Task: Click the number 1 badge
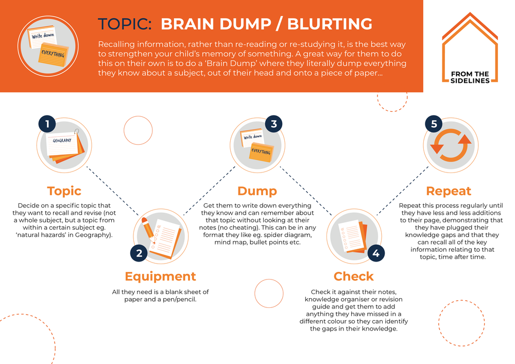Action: tap(47, 124)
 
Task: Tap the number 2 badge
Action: tap(139, 253)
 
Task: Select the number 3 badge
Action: tap(273, 124)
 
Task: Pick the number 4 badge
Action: tap(376, 253)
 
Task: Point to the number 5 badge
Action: tap(433, 124)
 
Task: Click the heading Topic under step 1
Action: tap(64, 191)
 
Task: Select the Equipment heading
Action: tap(160, 276)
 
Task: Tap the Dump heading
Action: tap(257, 191)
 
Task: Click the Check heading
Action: tap(353, 276)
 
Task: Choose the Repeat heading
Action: tap(449, 191)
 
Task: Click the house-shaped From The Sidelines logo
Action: tap(470, 47)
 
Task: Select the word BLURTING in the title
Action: tap(329, 24)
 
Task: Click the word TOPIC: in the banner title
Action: tap(125, 24)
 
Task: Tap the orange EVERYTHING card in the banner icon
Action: tap(53, 54)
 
